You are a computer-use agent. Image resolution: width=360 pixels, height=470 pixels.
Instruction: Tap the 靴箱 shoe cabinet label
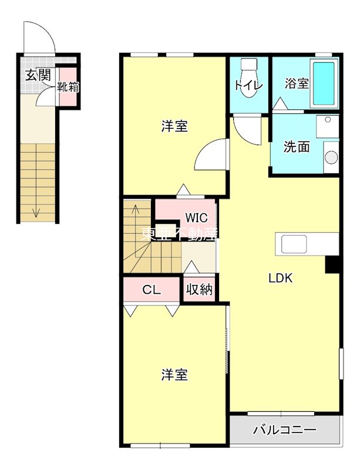tap(68, 88)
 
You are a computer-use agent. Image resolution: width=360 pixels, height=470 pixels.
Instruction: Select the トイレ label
tap(248, 85)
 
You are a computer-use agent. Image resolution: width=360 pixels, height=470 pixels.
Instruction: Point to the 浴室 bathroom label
tap(297, 83)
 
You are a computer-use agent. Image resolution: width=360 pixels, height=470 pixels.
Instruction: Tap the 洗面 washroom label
tap(297, 146)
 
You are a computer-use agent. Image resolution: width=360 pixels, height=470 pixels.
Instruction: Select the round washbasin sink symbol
tap(332, 157)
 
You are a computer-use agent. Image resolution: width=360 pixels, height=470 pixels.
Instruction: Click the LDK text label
tap(281, 278)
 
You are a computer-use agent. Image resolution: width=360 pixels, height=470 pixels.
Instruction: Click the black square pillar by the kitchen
tap(333, 266)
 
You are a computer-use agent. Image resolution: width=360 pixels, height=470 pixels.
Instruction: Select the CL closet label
tap(152, 289)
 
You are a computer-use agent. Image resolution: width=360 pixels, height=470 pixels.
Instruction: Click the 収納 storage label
tap(200, 290)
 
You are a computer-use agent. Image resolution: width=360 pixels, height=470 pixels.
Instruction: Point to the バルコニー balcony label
tap(285, 429)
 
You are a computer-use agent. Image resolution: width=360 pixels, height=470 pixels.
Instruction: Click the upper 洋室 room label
tap(175, 125)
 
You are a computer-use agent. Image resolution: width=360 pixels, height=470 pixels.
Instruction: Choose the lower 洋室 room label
tap(175, 374)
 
